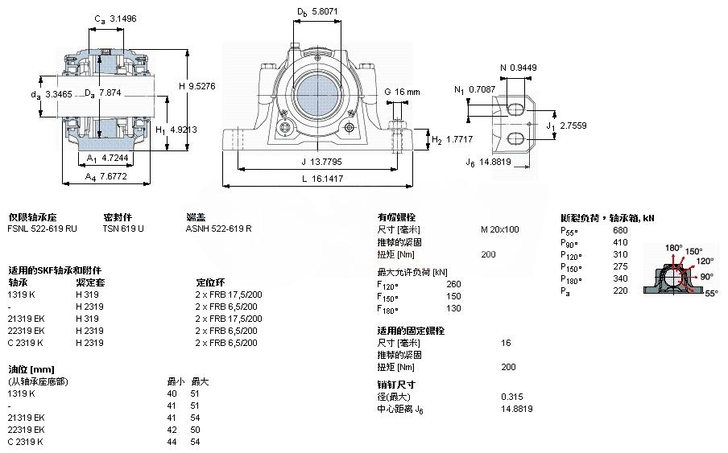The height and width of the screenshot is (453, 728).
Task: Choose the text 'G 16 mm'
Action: [x=403, y=92]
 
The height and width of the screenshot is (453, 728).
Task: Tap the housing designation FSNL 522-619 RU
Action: [x=43, y=229]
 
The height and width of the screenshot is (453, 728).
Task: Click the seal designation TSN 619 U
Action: [x=123, y=229]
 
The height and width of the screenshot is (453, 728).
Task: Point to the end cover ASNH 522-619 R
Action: [x=219, y=229]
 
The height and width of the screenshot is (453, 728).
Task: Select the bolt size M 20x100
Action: [x=500, y=229]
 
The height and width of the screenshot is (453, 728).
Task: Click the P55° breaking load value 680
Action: [x=621, y=229]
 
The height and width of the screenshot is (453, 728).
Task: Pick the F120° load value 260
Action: [x=454, y=283]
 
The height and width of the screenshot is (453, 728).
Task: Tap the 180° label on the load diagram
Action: [x=673, y=248]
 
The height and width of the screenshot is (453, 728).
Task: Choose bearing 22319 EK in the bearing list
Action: [x=26, y=331]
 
